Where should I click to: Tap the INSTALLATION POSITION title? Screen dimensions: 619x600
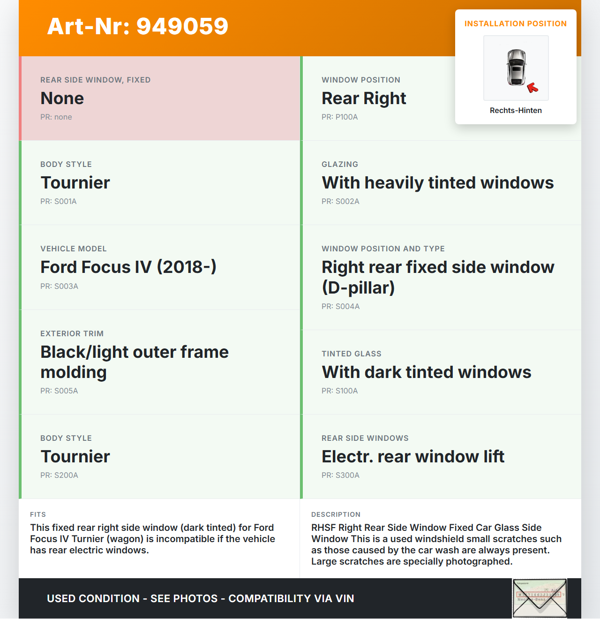[x=515, y=24]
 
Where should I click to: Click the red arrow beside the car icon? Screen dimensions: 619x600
[x=532, y=88]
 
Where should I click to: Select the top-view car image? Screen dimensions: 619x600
[x=516, y=68]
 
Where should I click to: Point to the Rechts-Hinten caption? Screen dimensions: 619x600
[x=516, y=111]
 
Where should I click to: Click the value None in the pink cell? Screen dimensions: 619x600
[x=62, y=98]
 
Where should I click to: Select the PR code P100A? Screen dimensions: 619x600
[x=339, y=117]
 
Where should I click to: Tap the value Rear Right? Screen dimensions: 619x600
[x=364, y=98]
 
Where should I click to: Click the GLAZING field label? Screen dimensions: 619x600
[x=340, y=165]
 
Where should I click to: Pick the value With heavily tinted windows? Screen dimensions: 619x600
[x=437, y=183]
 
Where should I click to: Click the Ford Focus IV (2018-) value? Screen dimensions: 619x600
[x=128, y=267]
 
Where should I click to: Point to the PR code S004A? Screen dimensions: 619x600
[x=340, y=307]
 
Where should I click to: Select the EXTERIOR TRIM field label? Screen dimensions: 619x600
[x=72, y=334]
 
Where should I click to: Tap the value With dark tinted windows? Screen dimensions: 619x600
[x=426, y=372]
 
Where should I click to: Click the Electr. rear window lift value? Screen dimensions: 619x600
[x=412, y=457]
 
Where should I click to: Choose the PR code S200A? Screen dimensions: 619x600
[x=59, y=476]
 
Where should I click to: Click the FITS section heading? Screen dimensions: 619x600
[x=38, y=515]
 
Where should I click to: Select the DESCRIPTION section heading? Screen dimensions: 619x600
[x=336, y=515]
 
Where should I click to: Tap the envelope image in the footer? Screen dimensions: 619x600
[x=540, y=598]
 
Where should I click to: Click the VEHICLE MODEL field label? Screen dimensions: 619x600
[x=74, y=249]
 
